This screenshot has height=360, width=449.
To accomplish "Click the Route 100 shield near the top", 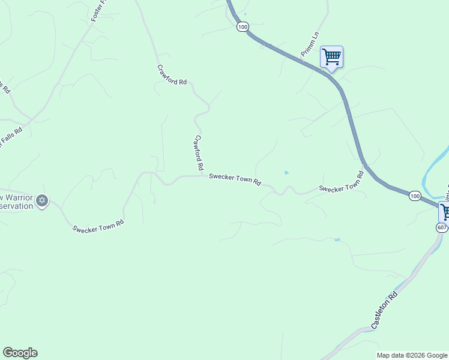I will coord(242,27).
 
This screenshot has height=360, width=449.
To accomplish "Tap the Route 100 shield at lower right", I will coord(415,196).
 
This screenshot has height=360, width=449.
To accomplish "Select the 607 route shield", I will coord(442,227).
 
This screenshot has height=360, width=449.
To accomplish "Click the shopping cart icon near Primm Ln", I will coord(331,57).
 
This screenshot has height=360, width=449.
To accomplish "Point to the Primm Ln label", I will coord(309,46).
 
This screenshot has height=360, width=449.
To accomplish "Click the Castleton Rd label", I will coord(385,310).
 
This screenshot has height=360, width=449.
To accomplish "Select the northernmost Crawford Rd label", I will coord(172,74).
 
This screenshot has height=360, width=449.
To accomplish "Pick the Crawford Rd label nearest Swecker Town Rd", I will coord(199,151).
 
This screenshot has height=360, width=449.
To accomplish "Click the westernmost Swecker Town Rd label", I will coord(98,226).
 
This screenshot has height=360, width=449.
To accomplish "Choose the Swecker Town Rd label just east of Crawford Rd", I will coord(235,179).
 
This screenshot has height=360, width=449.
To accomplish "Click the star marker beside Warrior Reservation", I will coord(41,201).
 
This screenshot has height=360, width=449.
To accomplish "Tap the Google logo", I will coord(20,353).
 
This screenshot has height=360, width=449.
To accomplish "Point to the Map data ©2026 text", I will coord(412,355).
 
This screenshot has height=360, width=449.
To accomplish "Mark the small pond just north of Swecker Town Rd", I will coord(286,173).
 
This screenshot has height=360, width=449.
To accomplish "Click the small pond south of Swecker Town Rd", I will coord(338,239).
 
